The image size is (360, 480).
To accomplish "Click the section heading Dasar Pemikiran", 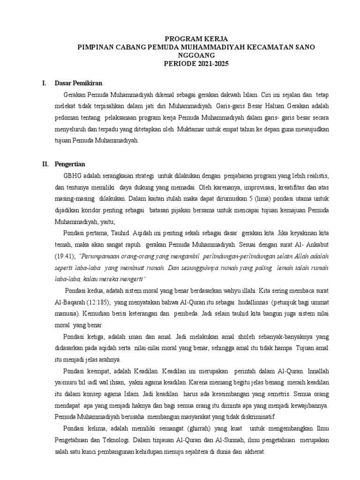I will pyautogui.click(x=78, y=83).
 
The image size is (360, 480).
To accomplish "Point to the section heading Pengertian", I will pyautogui.click(x=70, y=164).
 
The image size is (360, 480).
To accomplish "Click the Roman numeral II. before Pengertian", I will pyautogui.click(x=45, y=164).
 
